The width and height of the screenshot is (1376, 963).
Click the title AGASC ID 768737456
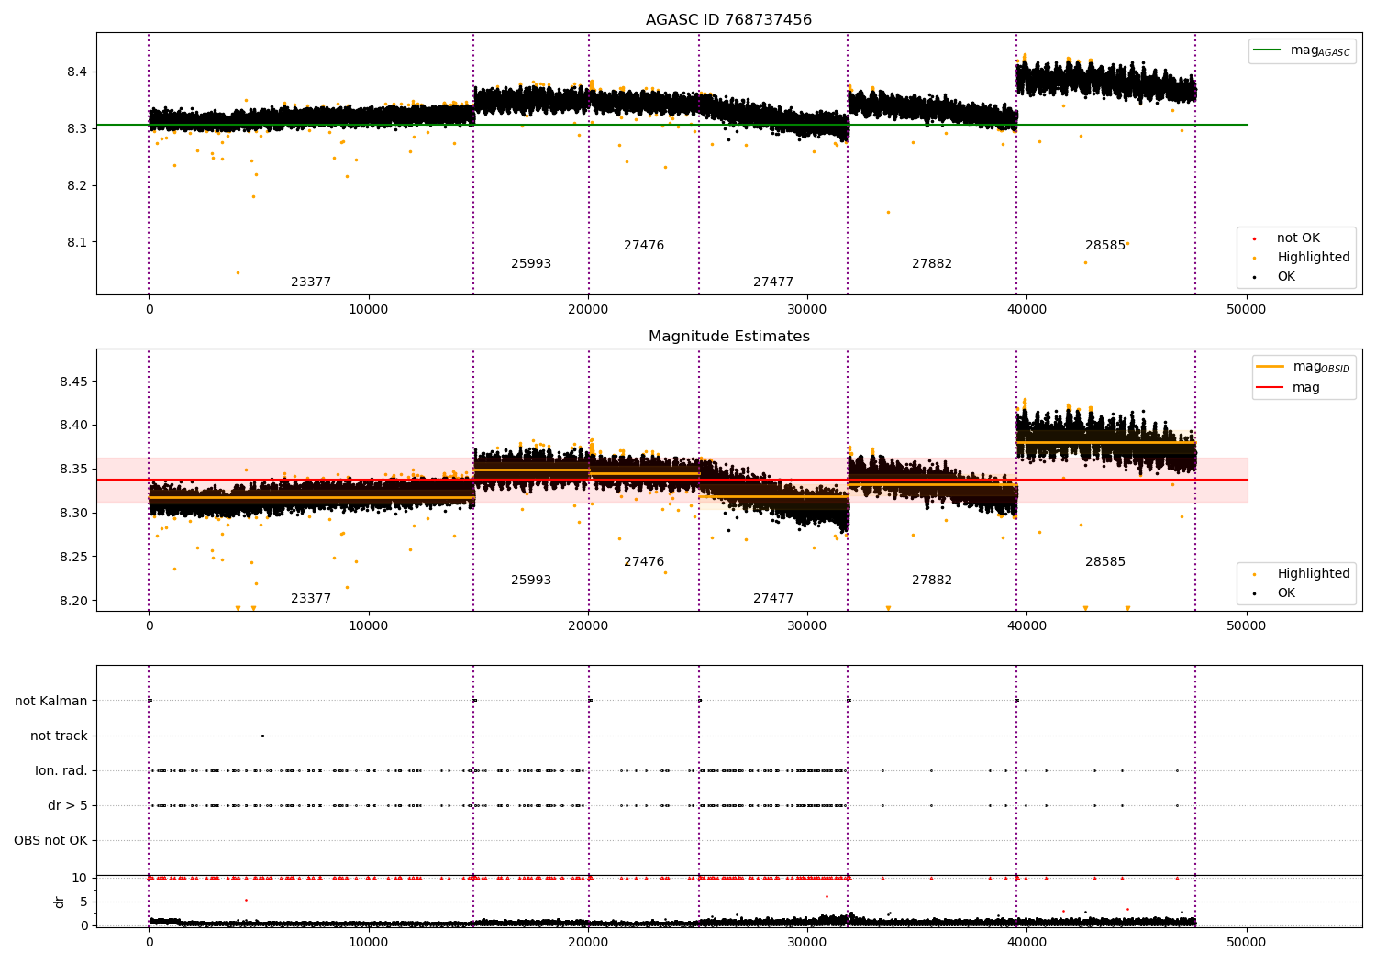pyautogui.click(x=728, y=20)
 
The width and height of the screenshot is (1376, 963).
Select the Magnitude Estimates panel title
pyautogui.click(x=728, y=337)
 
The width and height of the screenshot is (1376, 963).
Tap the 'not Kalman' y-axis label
pyautogui.click(x=51, y=701)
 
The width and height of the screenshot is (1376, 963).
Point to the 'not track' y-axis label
pyautogui.click(x=59, y=736)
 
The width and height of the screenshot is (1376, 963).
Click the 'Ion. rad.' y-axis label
pyautogui.click(x=61, y=770)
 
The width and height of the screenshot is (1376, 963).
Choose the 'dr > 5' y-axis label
pyautogui.click(x=67, y=805)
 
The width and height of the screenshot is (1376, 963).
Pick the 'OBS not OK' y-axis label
pyautogui.click(x=50, y=840)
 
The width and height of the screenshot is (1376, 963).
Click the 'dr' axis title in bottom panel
pyautogui.click(x=60, y=902)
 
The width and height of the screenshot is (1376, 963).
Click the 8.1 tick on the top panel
pyautogui.click(x=76, y=242)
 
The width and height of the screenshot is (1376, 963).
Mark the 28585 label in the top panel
pyautogui.click(x=1104, y=246)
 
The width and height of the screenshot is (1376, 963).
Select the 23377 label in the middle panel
pyautogui.click(x=311, y=599)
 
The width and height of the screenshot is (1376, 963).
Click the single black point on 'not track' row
pyautogui.click(x=262, y=736)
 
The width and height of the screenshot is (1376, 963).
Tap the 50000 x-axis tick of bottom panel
pyautogui.click(x=1246, y=942)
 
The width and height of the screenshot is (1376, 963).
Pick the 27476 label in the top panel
pyautogui.click(x=644, y=246)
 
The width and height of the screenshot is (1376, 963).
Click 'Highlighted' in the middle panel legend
pyautogui.click(x=1313, y=574)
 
